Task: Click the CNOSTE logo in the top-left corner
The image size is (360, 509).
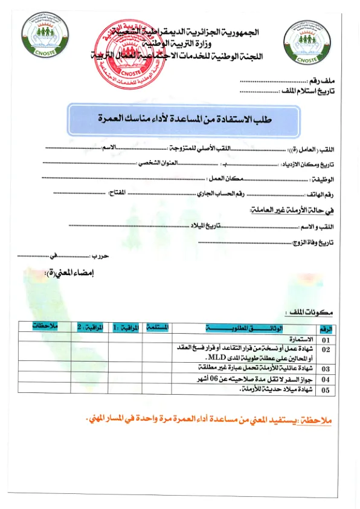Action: click(42, 37)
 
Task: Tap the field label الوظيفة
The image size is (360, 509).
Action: click(323, 179)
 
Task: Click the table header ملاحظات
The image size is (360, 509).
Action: click(46, 326)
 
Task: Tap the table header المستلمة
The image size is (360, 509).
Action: click(156, 327)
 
